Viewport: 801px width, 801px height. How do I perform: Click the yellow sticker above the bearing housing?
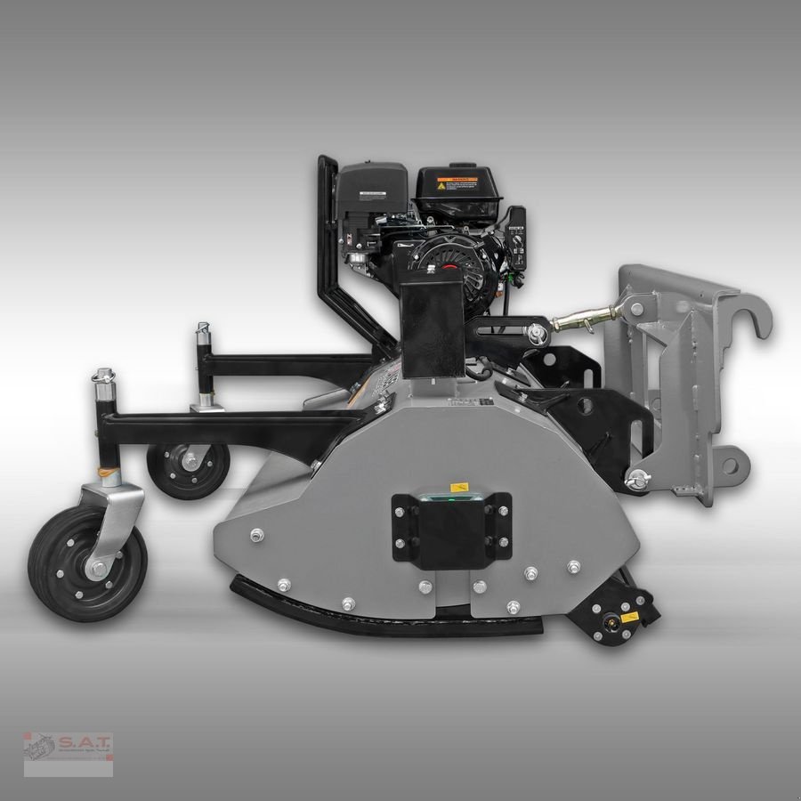(x=460, y=487)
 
